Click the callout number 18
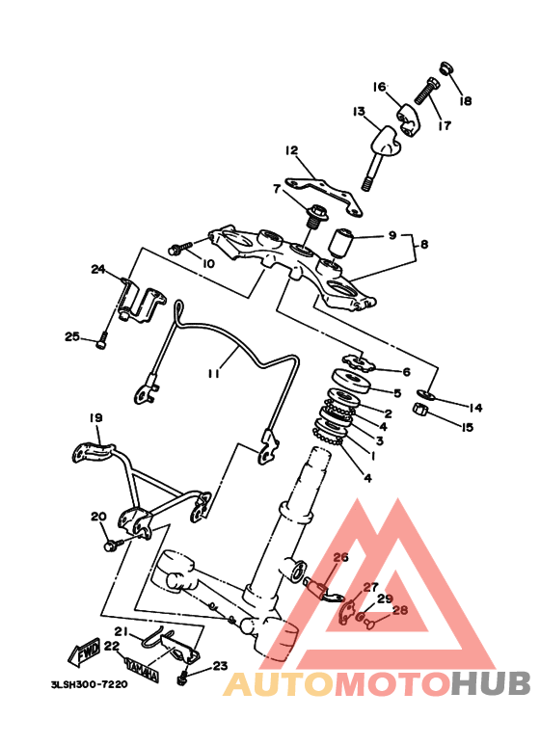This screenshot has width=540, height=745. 466,101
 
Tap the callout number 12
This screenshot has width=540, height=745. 291,150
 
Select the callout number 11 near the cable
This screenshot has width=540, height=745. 213,374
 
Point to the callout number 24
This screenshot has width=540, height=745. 98,270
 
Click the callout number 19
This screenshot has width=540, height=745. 95,417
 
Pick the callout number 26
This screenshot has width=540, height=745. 340,557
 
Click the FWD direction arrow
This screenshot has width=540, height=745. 85,652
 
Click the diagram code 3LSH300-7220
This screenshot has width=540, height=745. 90,684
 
